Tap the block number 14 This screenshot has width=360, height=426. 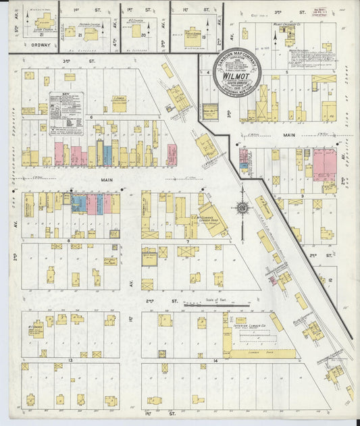click(x=214, y=361)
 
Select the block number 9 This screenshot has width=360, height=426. click(x=302, y=196)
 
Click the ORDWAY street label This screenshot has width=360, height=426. click(x=32, y=46)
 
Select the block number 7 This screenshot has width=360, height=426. click(x=187, y=240)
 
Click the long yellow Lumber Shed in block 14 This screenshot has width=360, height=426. click(x=263, y=353)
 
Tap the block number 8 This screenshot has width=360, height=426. click(x=69, y=240)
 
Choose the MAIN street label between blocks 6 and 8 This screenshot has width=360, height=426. click(x=107, y=180)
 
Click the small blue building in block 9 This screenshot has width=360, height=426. click(x=243, y=156)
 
